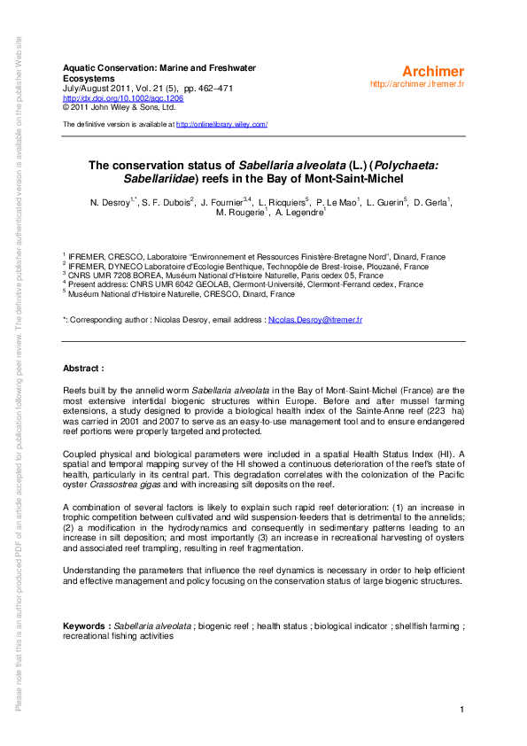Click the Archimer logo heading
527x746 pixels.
point(432,71)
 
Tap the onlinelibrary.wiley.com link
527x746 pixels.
point(221,125)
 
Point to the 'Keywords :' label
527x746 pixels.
point(86,626)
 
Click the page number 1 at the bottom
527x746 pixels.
point(462,710)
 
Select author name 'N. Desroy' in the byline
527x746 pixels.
point(109,203)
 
